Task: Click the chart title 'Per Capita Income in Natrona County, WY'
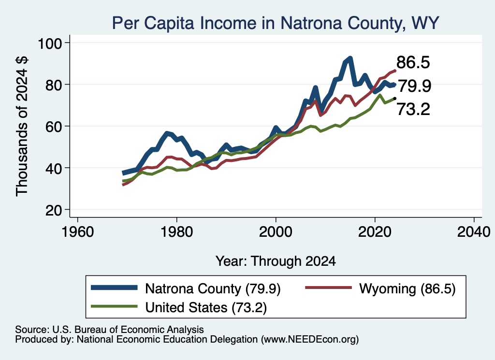(276, 23)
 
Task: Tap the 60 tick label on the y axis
(54, 127)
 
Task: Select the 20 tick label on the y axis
(54, 210)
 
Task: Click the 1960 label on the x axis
(78, 232)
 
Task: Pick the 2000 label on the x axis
(276, 232)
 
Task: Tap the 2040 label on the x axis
(474, 232)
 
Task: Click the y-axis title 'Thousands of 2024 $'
(22, 126)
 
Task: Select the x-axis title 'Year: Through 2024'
(276, 261)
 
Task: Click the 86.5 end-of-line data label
(413, 62)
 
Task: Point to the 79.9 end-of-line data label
(414, 86)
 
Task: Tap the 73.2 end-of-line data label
(413, 110)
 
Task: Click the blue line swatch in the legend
(114, 288)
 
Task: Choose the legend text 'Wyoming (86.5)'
(407, 288)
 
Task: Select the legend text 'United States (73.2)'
(206, 307)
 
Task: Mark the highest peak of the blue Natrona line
(350, 58)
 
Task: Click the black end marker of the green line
(394, 99)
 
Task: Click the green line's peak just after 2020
(380, 95)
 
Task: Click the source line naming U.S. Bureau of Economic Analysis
(109, 330)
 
